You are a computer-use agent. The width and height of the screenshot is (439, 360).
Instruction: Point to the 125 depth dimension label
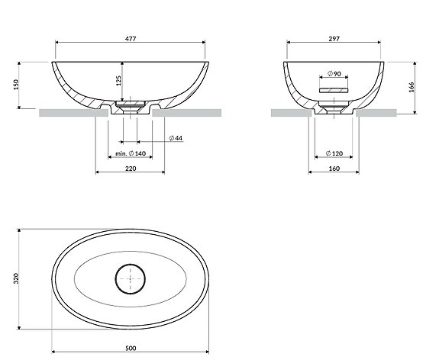coord(117,82)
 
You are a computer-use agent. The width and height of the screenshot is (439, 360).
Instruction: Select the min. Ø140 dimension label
coord(130,153)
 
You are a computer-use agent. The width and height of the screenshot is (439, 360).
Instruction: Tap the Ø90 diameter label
coord(333,72)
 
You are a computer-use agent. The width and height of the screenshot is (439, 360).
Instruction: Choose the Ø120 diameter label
coord(333,153)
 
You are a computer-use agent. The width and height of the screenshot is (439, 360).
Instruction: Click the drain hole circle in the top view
coord(130,279)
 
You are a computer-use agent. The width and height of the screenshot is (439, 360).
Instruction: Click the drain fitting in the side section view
coord(333,105)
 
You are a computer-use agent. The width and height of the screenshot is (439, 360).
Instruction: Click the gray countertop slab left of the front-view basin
coord(69,113)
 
